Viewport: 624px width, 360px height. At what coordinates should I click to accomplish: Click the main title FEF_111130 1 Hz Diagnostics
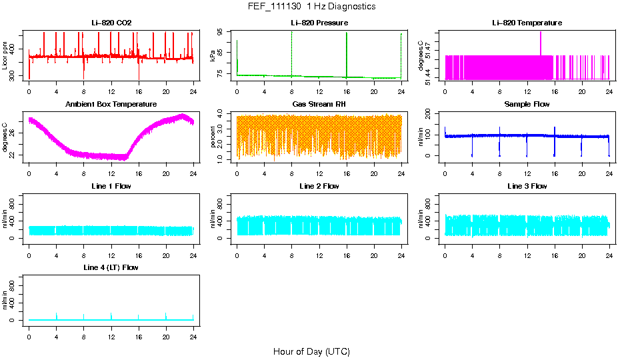click(311, 7)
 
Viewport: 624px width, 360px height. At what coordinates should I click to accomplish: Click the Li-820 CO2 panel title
click(111, 23)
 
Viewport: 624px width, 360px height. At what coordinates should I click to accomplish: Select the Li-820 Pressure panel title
click(319, 23)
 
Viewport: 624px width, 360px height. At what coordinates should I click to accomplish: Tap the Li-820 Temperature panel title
click(527, 23)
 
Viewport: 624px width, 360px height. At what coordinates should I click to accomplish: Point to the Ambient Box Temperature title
click(111, 105)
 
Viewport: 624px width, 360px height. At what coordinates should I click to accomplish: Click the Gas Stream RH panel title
click(319, 105)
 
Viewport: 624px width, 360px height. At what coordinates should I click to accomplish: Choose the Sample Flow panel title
click(527, 105)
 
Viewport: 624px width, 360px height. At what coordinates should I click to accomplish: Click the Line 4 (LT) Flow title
click(111, 267)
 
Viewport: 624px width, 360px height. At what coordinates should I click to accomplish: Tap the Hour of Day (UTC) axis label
click(311, 351)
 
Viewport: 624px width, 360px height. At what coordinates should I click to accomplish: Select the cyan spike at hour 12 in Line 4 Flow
click(111, 315)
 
